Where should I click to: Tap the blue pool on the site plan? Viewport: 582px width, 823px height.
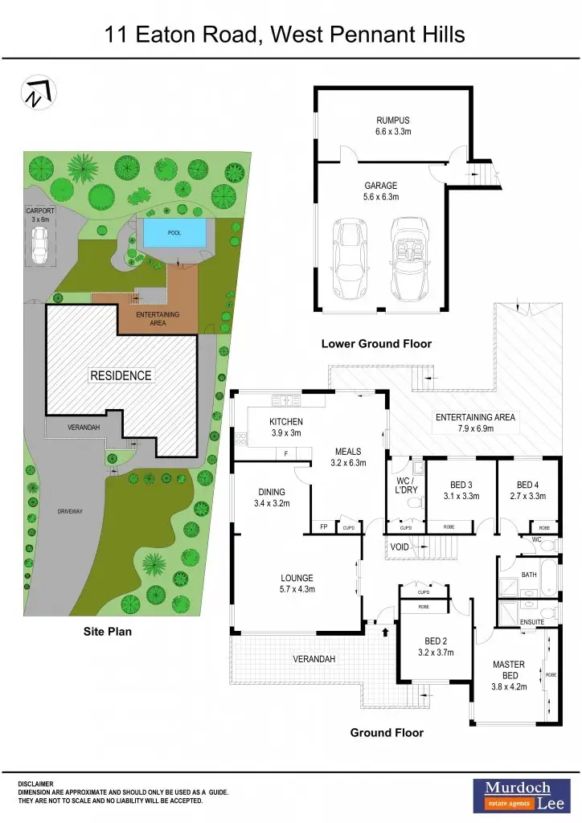tap(174, 234)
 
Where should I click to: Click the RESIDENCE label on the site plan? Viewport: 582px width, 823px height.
tap(121, 375)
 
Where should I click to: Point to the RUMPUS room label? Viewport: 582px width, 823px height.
tap(392, 121)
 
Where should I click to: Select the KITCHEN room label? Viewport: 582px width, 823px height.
tap(286, 422)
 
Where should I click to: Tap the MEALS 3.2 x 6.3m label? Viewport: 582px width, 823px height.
tap(348, 457)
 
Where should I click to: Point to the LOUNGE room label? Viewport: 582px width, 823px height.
tap(297, 578)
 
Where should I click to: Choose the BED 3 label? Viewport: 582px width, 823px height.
tap(461, 485)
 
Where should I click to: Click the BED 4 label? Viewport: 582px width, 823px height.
tap(527, 485)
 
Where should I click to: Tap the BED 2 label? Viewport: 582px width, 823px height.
tap(436, 641)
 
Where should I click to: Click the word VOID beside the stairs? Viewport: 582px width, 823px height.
tap(400, 547)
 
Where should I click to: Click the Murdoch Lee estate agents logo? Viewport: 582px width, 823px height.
tap(516, 793)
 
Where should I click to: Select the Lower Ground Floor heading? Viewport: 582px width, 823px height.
tap(376, 344)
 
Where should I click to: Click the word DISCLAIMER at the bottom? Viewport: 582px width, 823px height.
tap(36, 784)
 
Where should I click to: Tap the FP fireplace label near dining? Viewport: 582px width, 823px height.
tap(322, 527)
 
